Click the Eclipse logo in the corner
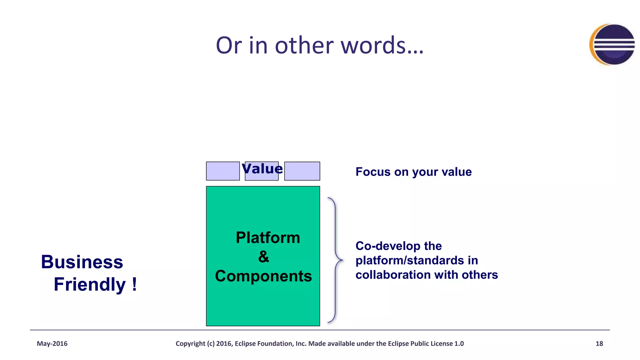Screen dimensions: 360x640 click(x=612, y=45)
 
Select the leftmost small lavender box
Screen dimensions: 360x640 click(x=223, y=171)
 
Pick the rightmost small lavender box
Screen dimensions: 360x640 click(x=302, y=171)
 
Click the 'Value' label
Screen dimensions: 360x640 click(x=262, y=169)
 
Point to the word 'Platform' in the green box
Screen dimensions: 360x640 click(x=268, y=237)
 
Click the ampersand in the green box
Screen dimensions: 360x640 click(x=263, y=257)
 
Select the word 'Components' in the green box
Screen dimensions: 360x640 click(x=263, y=276)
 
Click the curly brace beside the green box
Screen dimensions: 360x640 click(x=336, y=260)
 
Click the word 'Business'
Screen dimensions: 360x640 click(x=82, y=262)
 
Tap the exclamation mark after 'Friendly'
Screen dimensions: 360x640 click(x=134, y=284)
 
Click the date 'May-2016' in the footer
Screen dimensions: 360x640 click(x=52, y=343)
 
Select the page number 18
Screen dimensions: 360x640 click(x=599, y=343)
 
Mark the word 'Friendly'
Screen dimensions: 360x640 click(x=90, y=284)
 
